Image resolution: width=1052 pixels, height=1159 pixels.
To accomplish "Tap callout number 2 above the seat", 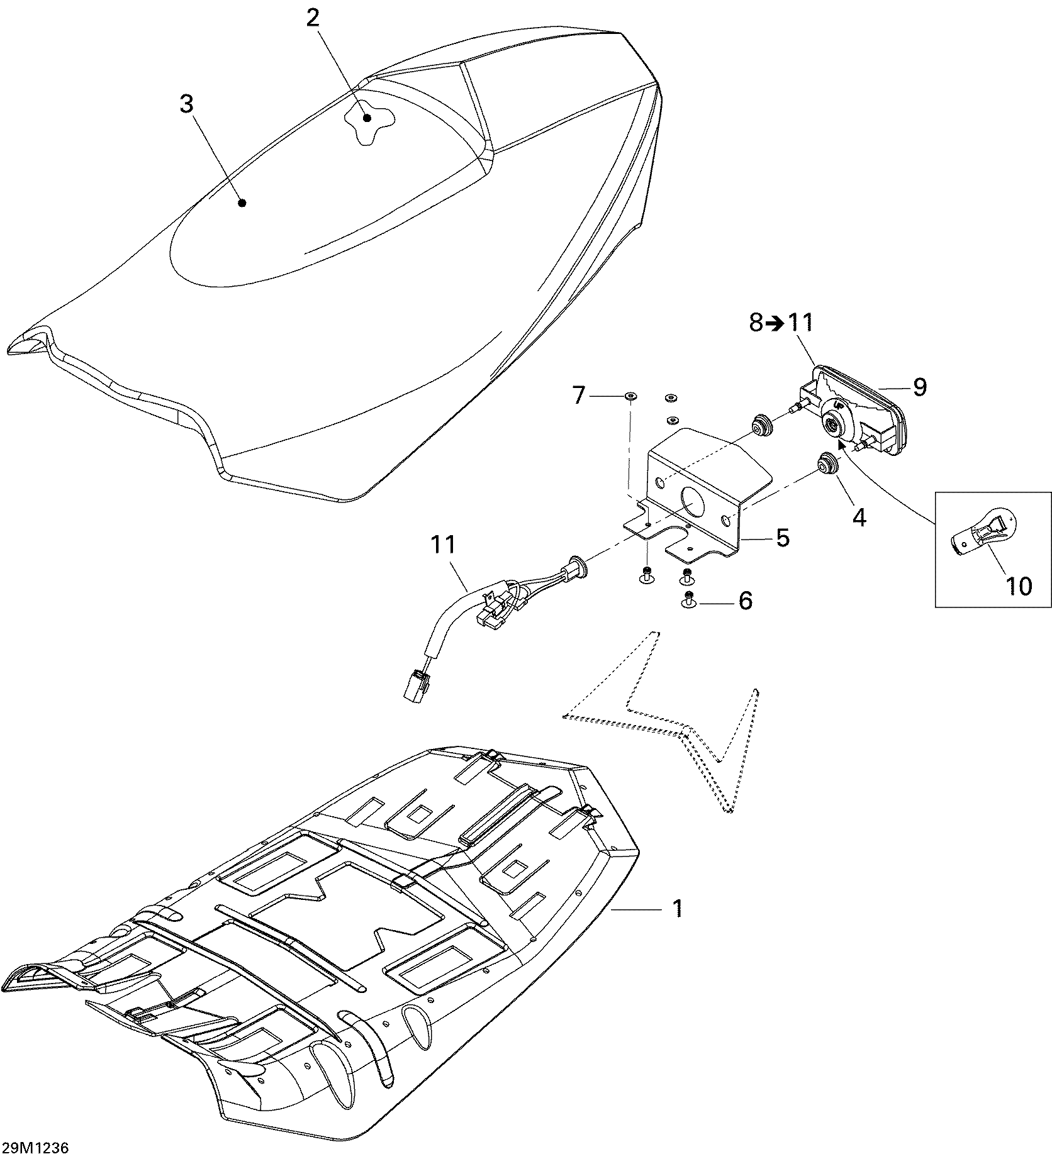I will [x=313, y=18].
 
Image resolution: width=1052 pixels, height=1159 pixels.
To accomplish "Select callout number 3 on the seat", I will [x=186, y=104].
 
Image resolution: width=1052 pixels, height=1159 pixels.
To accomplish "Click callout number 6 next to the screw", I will [x=746, y=601].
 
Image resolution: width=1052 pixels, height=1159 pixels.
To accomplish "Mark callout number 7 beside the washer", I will [x=579, y=396].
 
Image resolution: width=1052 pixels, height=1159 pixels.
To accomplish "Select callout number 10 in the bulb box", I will [x=1019, y=586].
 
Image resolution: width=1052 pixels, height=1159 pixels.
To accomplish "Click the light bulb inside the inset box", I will [x=982, y=532].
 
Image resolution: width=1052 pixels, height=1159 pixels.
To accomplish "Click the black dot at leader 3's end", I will [x=242, y=202].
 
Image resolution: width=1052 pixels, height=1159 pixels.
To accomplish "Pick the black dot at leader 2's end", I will [x=366, y=118].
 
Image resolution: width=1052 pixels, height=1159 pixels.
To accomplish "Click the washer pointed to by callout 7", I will [x=630, y=396].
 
